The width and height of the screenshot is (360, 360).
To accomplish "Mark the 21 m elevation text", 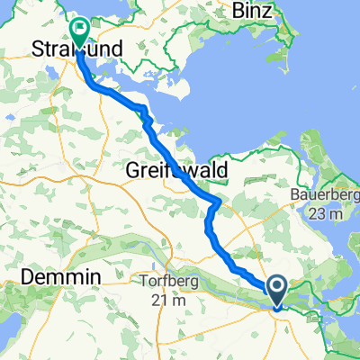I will (164, 298).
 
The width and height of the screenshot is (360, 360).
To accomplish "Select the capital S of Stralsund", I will (37, 47).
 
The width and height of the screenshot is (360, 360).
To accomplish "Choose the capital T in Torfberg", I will (133, 281).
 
